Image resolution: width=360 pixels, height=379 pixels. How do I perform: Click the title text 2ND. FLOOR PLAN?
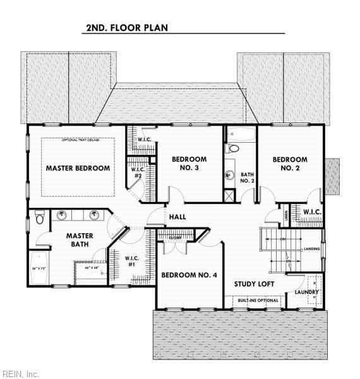pos(127,28)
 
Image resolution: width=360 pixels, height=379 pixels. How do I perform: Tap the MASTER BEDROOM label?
pos(78,169)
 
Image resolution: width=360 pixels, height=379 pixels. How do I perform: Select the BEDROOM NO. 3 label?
pos(189,164)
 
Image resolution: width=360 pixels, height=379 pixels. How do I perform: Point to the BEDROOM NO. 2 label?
pos(290,164)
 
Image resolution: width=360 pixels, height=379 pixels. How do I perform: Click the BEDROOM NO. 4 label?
pos(189,275)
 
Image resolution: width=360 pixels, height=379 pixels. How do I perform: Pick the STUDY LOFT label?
pos(254,284)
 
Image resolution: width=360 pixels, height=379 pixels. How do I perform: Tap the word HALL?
pos(177,217)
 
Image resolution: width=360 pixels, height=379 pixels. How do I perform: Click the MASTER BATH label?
pos(80,240)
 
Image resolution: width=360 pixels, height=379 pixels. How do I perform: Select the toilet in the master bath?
pos(39,219)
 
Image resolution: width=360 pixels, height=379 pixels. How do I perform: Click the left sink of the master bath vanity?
pos(62,215)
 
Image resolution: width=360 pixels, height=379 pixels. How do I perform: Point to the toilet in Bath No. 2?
pos(234,149)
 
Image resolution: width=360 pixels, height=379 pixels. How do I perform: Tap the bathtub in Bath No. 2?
pos(241,135)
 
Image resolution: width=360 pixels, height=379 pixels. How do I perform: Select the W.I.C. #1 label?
pos(131,261)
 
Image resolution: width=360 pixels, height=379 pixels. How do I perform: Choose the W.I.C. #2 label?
pos(138,172)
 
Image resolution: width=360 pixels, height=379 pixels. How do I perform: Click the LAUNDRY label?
pos(307,292)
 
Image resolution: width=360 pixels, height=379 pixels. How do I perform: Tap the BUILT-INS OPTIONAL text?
pos(258,301)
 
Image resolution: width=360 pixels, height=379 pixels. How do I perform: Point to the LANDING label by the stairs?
pos(311,249)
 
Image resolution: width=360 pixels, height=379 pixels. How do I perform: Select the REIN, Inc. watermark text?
pos(20,374)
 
